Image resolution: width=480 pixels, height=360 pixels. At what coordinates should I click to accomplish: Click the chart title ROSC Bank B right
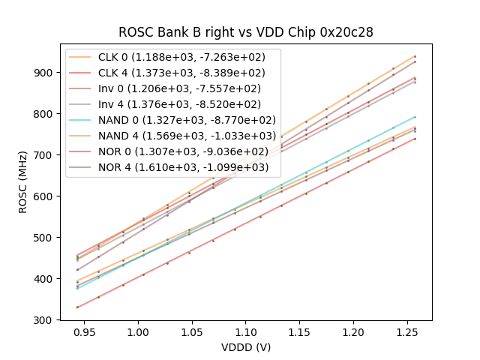pyautogui.click(x=246, y=32)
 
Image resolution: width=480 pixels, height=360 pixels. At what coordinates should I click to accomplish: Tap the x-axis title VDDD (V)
pyautogui.click(x=246, y=347)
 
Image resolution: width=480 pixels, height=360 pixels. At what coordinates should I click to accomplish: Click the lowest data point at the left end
pyautogui.click(x=77, y=307)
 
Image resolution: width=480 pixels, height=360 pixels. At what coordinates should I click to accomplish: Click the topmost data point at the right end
pyautogui.click(x=415, y=56)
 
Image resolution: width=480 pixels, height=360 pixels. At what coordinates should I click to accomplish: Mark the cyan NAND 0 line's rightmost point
pyautogui.click(x=415, y=117)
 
